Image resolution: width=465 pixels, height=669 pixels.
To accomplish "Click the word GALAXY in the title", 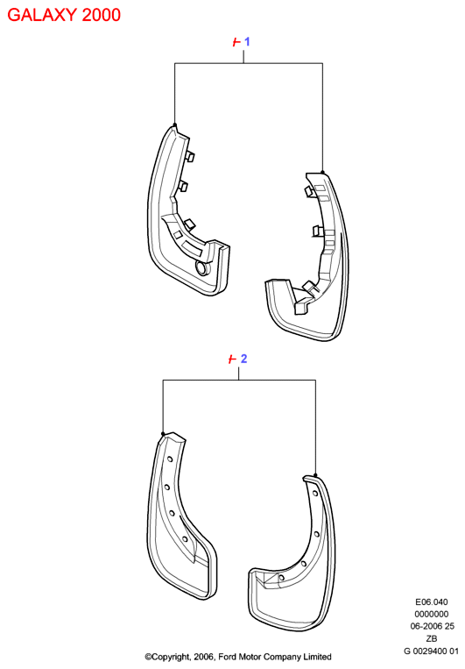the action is [42, 15].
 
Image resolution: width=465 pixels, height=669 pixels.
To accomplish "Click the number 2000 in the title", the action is [102, 15].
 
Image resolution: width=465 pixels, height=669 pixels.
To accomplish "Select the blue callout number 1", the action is [247, 42].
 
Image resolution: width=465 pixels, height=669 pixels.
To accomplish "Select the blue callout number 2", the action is [243, 359].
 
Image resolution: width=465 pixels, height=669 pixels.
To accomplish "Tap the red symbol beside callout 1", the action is [236, 42].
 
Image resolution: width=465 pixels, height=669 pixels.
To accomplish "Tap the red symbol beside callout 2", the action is [232, 359].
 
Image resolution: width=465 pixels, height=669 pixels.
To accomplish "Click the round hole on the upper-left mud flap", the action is [201, 268].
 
